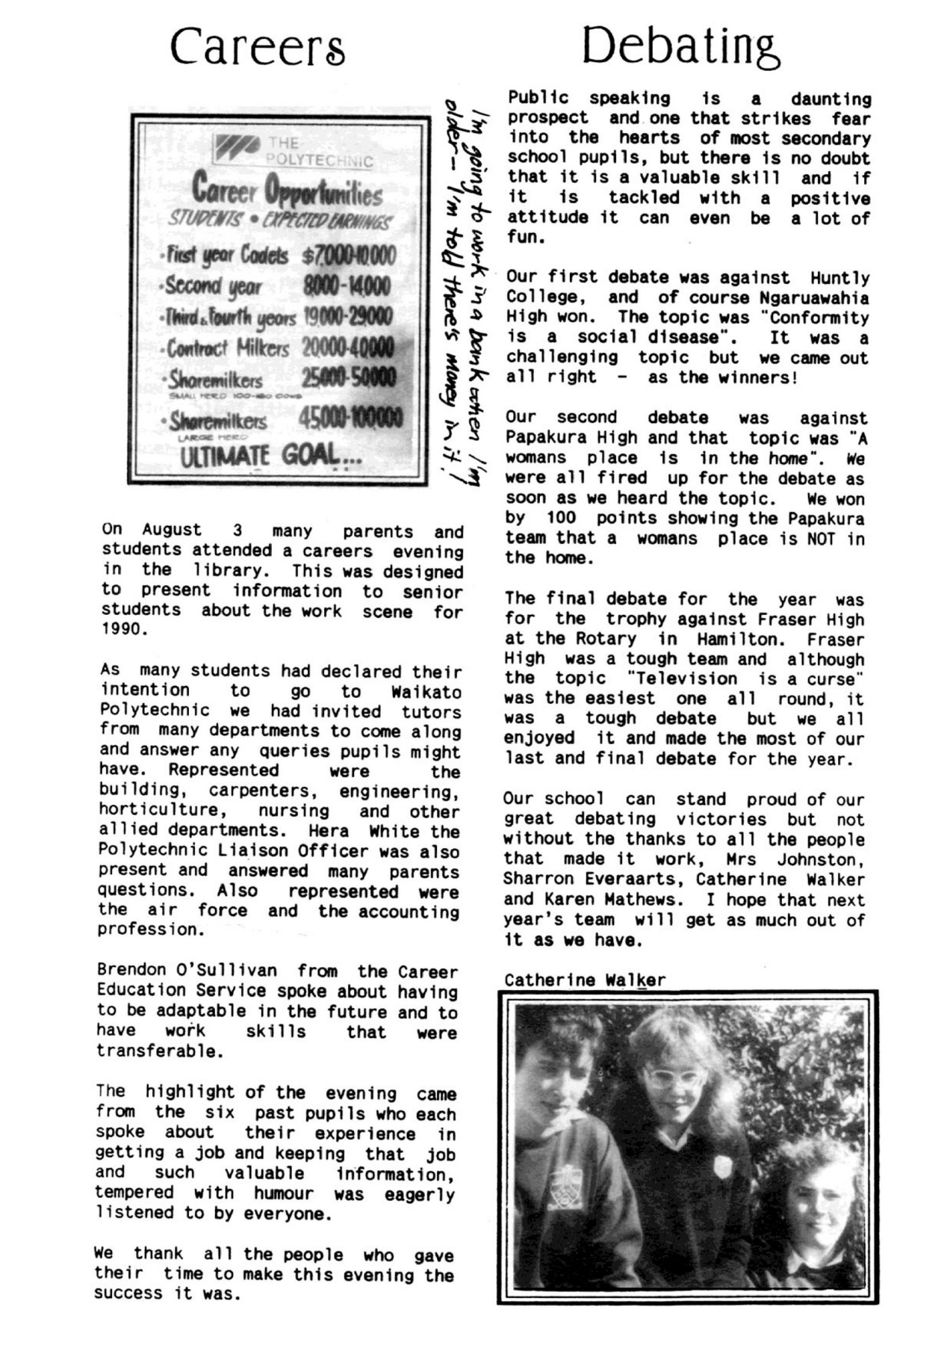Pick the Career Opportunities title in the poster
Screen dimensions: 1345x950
coord(287,191)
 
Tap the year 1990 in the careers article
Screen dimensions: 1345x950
coord(120,629)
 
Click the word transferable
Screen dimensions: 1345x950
coord(159,1051)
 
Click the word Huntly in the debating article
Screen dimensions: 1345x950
coord(840,278)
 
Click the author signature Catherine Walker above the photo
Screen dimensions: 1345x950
coord(584,980)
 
